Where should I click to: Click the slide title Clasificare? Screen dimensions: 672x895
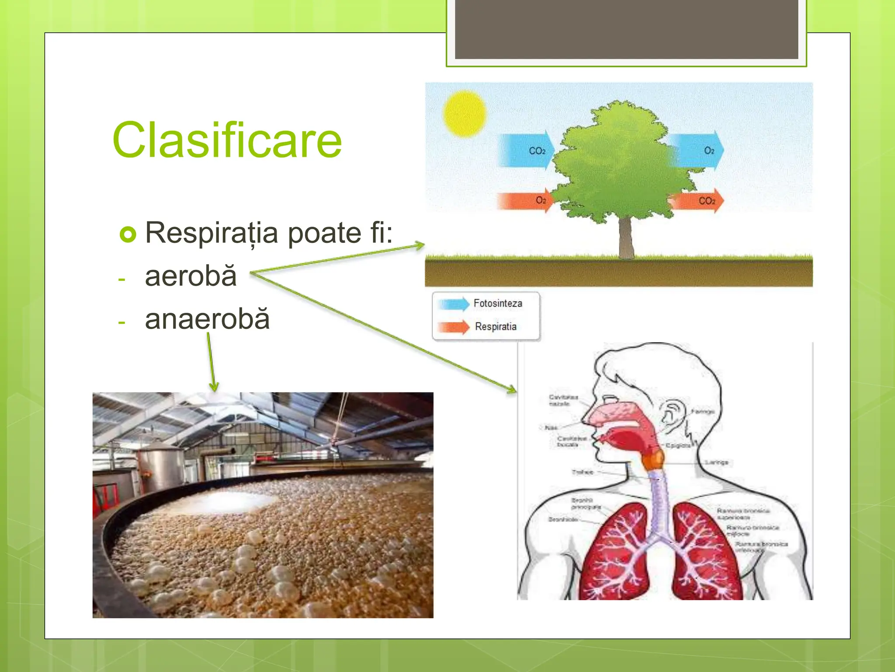pyautogui.click(x=227, y=140)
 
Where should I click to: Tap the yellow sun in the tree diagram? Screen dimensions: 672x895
pyautogui.click(x=464, y=113)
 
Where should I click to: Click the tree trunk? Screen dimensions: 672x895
pyautogui.click(x=626, y=238)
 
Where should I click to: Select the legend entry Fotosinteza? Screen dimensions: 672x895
pyautogui.click(x=497, y=303)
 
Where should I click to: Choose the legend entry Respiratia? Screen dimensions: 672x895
pyautogui.click(x=496, y=326)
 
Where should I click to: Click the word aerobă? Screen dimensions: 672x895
pyautogui.click(x=191, y=276)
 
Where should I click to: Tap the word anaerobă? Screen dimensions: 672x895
pyautogui.click(x=207, y=319)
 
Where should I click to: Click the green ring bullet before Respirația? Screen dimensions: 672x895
pyautogui.click(x=128, y=234)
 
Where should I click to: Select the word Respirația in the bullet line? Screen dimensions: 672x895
pyautogui.click(x=212, y=233)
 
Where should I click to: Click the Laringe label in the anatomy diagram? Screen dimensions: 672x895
pyautogui.click(x=717, y=462)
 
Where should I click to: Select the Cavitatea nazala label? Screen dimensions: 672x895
pyautogui.click(x=563, y=400)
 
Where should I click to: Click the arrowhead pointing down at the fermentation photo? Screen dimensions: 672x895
pyautogui.click(x=214, y=387)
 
